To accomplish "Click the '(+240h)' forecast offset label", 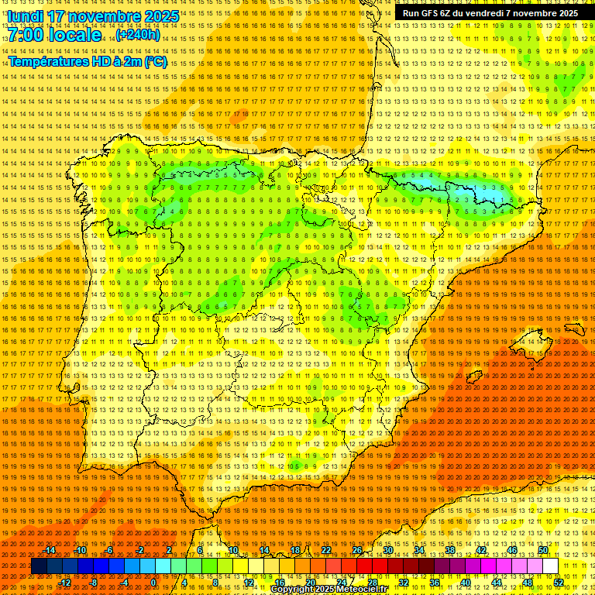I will (x=138, y=35).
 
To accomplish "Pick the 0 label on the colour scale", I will (x=153, y=583).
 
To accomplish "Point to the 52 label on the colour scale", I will (x=559, y=583).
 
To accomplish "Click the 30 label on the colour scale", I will (x=387, y=550).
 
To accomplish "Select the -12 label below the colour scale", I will (x=65, y=583).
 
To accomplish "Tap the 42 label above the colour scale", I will (x=480, y=550).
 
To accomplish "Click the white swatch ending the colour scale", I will (x=550, y=566).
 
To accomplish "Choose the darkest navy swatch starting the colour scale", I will (x=39, y=566).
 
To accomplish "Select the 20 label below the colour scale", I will (x=310, y=583).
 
